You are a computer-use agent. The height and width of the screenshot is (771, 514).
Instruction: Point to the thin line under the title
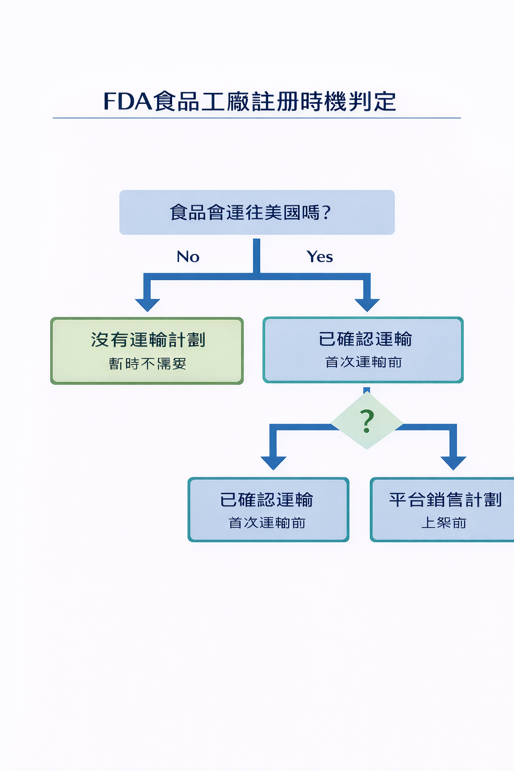(x=256, y=118)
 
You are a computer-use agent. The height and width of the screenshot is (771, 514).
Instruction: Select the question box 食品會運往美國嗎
(x=256, y=212)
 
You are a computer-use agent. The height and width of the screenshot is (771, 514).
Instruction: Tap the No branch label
(x=188, y=257)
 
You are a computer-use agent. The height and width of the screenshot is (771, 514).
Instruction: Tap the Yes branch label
(x=320, y=257)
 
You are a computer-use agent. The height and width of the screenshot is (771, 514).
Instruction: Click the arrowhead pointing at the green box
(x=148, y=304)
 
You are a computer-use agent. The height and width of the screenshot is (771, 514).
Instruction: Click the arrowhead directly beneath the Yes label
(x=367, y=304)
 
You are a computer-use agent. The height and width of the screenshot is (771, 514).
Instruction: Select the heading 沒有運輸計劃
(x=148, y=340)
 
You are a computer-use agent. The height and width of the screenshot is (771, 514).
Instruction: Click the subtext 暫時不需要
(x=148, y=363)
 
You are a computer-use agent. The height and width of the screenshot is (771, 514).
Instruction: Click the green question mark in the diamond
(x=367, y=421)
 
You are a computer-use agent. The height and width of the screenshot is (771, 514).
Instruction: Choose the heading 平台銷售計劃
(x=445, y=500)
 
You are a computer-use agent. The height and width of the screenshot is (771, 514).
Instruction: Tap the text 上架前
(x=444, y=523)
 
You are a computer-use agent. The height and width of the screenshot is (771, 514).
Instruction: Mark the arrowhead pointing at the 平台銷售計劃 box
(x=453, y=462)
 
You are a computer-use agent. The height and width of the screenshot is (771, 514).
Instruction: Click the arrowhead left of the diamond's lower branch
(x=274, y=462)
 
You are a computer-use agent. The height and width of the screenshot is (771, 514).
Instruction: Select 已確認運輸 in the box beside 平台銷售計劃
(x=267, y=500)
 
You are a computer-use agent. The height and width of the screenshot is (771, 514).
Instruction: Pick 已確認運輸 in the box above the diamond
(x=365, y=339)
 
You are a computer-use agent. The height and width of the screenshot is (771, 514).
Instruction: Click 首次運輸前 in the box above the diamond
(x=363, y=362)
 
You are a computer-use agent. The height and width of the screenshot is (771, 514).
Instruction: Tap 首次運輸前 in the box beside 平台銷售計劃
(x=267, y=523)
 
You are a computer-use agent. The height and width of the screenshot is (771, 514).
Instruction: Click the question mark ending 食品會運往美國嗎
(x=327, y=213)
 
